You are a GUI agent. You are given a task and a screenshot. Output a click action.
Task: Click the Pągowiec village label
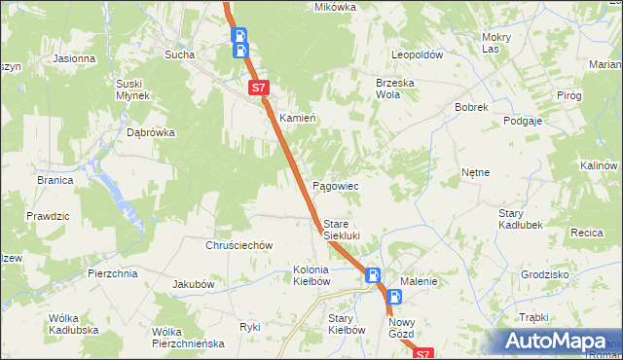point(336,186)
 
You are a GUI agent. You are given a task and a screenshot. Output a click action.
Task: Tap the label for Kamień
point(299,118)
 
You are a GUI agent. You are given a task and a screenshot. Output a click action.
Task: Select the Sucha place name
point(179,54)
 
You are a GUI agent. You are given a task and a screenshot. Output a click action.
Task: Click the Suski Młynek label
point(132,89)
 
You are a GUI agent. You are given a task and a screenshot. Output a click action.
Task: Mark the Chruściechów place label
point(238,246)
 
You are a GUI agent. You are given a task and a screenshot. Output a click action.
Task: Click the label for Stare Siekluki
point(342,230)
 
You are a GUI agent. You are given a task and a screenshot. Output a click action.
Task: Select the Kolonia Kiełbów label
point(311,275)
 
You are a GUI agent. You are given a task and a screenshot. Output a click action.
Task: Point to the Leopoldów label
point(418,54)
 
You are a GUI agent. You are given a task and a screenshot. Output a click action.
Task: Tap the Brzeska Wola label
point(396,89)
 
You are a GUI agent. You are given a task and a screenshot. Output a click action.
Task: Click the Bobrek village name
point(471,107)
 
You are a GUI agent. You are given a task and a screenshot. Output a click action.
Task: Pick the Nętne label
point(475,172)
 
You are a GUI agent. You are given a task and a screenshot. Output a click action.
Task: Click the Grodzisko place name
point(544,274)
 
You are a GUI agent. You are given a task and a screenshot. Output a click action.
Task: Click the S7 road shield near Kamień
point(257,88)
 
